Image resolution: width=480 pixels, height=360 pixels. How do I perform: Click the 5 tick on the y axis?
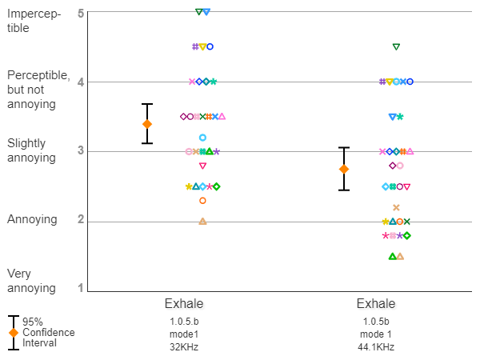click(x=82, y=13)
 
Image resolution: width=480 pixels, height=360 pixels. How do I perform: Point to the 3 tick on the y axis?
click(x=82, y=151)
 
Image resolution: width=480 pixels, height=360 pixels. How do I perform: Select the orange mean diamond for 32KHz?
click(x=147, y=124)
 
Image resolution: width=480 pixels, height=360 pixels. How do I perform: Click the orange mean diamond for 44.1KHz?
click(x=344, y=169)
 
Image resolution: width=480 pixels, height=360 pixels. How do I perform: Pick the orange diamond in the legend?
click(x=14, y=332)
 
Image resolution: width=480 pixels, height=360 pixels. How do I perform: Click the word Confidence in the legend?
click(x=48, y=332)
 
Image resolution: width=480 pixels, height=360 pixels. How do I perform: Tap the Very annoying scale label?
click(x=31, y=281)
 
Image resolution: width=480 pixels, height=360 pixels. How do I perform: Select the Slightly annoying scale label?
click(x=31, y=150)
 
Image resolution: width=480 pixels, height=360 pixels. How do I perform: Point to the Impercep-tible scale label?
click(x=34, y=21)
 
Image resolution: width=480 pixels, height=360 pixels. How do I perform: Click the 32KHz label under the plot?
click(x=183, y=347)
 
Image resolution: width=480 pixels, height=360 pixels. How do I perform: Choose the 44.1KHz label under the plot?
click(x=375, y=347)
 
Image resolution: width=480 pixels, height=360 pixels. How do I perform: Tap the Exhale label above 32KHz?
click(x=183, y=304)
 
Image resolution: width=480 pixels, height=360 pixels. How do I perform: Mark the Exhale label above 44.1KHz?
click(x=375, y=304)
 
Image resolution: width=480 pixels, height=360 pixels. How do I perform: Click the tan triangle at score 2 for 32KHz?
click(x=202, y=221)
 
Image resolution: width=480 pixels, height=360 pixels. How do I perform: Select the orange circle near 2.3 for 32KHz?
click(x=202, y=201)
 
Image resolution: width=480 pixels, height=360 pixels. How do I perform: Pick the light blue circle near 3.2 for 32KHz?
click(x=202, y=138)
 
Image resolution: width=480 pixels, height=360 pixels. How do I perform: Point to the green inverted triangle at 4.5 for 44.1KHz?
click(x=396, y=47)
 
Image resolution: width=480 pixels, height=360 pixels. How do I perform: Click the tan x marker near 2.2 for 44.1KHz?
click(x=396, y=207)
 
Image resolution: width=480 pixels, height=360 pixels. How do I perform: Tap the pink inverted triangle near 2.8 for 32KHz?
click(x=202, y=166)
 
